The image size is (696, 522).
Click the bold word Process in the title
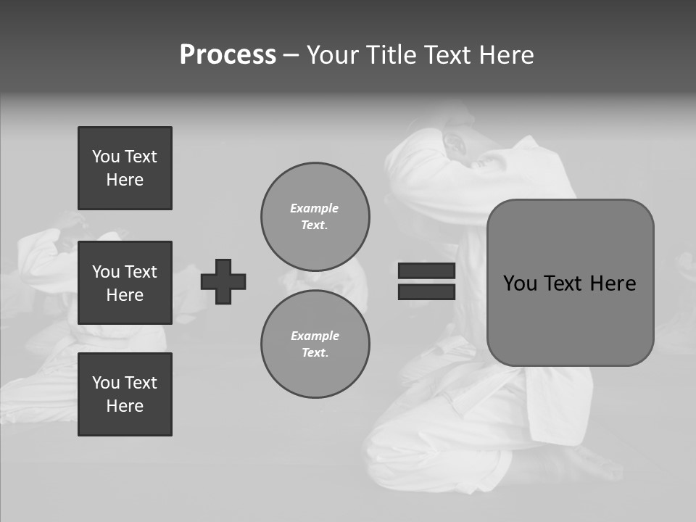(228, 55)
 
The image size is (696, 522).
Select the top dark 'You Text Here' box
(125, 168)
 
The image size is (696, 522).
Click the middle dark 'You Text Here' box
(125, 283)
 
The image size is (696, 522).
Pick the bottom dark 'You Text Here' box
(125, 394)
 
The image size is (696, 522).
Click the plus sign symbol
(223, 282)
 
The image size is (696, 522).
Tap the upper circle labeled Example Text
(315, 217)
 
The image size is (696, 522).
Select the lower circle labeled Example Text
(315, 344)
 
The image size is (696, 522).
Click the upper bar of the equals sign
(426, 270)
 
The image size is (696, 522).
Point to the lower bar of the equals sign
(426, 291)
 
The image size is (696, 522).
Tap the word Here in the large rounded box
(613, 283)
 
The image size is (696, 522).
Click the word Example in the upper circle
(314, 208)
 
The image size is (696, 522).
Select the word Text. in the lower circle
(315, 353)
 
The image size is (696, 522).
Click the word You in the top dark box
(106, 157)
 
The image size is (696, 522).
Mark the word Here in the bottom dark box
(125, 406)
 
